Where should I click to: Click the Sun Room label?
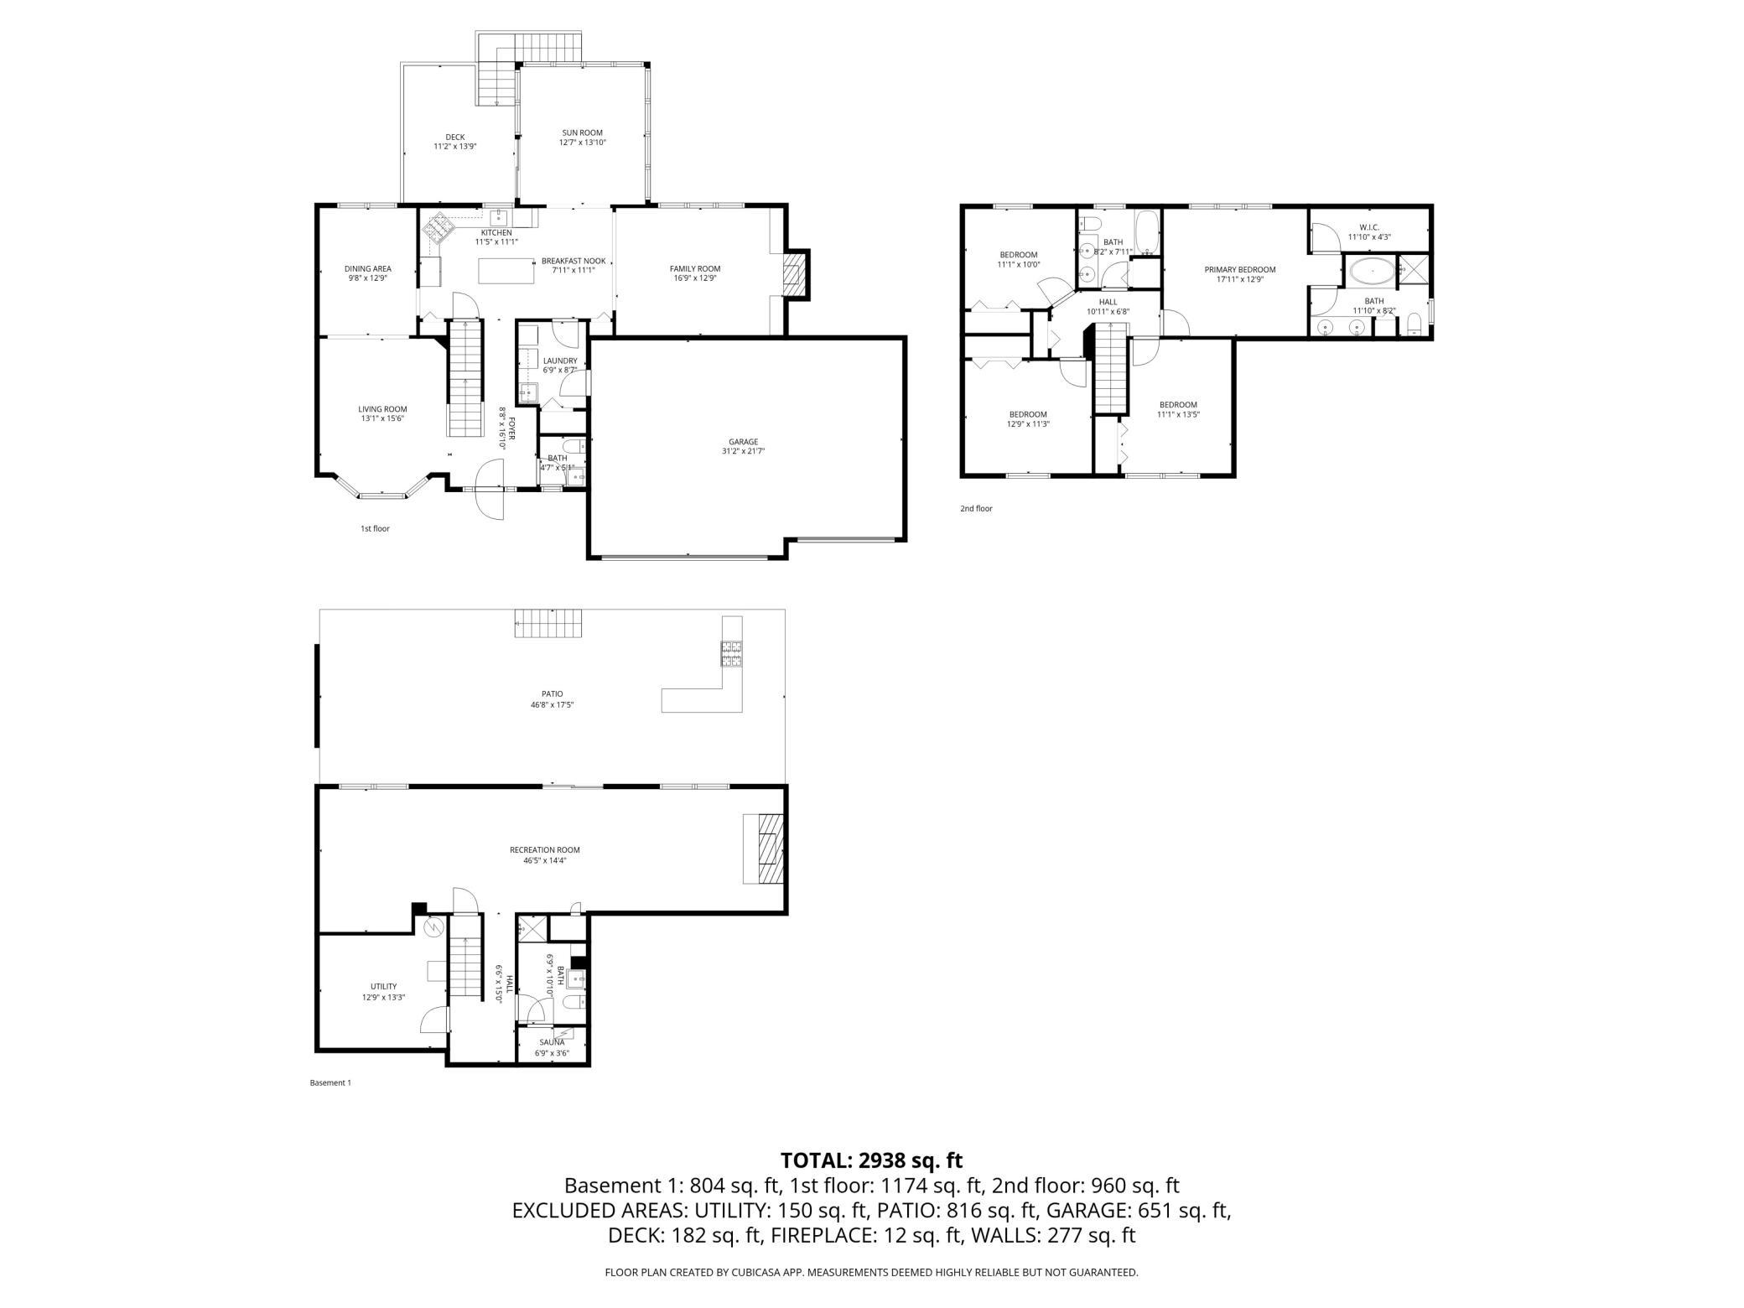pos(582,132)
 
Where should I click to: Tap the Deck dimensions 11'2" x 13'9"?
pos(454,147)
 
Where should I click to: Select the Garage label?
pos(743,442)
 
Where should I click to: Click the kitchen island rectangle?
pos(506,272)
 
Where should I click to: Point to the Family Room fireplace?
pos(793,273)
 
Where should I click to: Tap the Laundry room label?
pos(559,361)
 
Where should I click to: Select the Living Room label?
pos(382,409)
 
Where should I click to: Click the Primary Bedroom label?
pos(1239,270)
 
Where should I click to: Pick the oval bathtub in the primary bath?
pos(1372,272)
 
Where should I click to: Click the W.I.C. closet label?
pos(1368,227)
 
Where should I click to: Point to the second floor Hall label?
pos(1108,302)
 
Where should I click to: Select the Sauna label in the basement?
pos(552,1042)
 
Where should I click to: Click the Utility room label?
pos(383,986)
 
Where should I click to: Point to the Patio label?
pos(552,693)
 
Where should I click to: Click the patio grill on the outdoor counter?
pos(730,652)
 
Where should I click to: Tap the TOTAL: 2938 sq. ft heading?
pos(871,1160)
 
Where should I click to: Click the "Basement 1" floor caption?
pos(330,1082)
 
